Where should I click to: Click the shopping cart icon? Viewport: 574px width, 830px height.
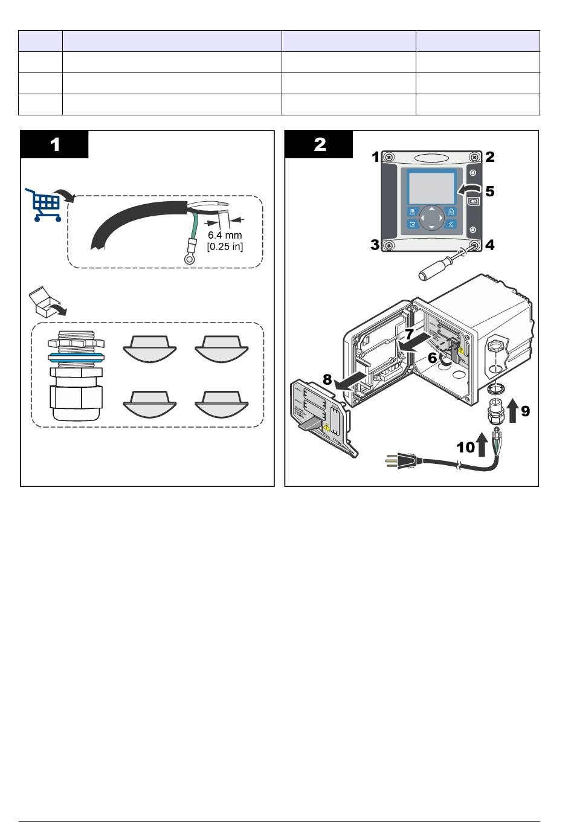44,204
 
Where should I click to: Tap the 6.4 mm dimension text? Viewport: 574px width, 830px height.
225,235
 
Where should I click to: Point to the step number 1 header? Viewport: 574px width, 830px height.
54,144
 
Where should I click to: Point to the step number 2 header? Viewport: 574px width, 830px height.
319,144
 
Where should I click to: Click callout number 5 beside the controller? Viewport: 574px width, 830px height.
489,191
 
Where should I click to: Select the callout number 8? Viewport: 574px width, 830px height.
327,380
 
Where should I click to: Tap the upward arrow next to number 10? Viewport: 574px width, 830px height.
482,445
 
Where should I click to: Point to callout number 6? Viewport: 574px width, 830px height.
432,358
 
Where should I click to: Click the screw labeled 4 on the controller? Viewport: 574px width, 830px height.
474,245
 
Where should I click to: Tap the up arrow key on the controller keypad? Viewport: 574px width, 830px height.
431,210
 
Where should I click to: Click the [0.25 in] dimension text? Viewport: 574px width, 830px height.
225,246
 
